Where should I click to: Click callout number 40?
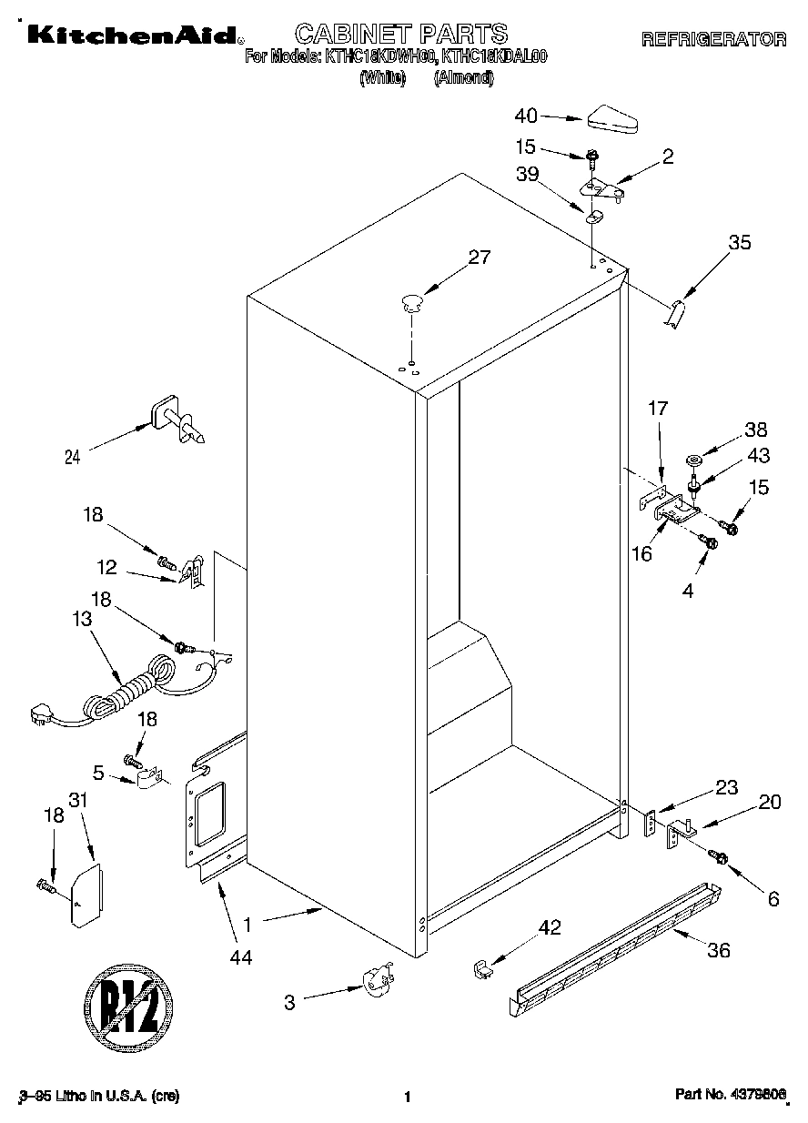[527, 116]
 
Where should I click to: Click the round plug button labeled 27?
[412, 301]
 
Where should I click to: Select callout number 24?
[73, 458]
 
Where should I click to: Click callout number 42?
[550, 927]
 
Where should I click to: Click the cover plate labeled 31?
[86, 895]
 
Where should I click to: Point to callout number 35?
[740, 242]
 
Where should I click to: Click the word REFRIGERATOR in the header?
[713, 39]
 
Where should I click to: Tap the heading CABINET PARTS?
[401, 35]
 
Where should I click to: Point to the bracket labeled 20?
[681, 833]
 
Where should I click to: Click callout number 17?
[658, 409]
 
